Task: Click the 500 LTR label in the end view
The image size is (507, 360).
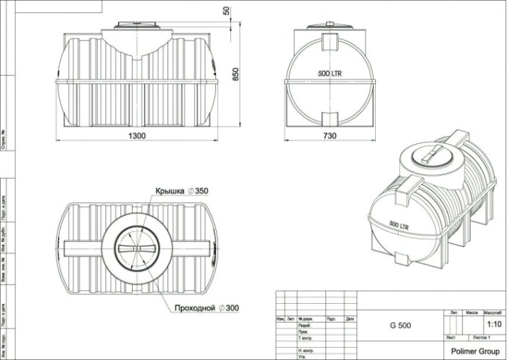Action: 328,74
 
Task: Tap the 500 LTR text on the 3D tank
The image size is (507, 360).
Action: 403,225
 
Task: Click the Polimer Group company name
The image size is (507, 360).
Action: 474,351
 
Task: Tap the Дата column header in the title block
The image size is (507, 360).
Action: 349,319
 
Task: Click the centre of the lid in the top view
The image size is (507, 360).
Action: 136,248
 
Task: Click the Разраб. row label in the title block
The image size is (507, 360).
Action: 306,325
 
